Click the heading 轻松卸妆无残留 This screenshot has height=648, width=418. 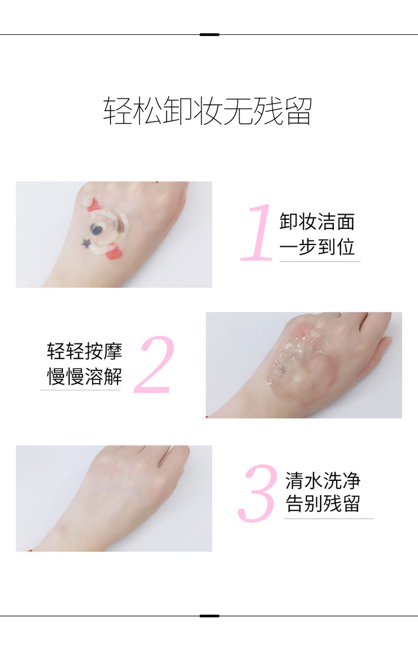point(207,110)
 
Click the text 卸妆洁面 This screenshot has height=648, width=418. point(317,222)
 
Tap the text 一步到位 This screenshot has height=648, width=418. point(317,247)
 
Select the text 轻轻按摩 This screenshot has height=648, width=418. point(84,351)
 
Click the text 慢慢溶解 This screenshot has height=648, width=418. point(84,376)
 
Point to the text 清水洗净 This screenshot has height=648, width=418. point(323,480)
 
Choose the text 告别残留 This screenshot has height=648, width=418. point(323,504)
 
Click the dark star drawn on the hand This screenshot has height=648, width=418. point(86,243)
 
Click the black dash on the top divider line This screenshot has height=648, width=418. point(209,35)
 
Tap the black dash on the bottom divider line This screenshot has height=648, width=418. point(209,616)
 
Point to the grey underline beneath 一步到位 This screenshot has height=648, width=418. point(320,262)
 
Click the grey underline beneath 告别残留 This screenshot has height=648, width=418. point(329,518)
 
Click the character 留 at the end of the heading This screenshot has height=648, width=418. point(299,111)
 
